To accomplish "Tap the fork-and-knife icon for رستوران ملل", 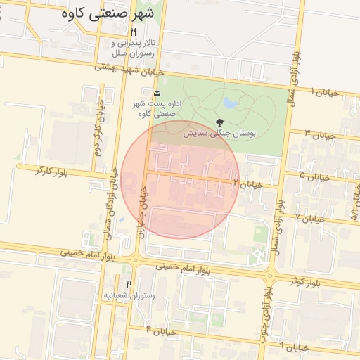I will tap(133, 33).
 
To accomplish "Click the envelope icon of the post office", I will tap(155, 93).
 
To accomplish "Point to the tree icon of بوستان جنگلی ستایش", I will tap(219, 122).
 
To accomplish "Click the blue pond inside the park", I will tap(231, 105).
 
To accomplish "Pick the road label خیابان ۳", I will tap(319, 133).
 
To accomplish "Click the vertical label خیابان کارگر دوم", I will tap(98, 129).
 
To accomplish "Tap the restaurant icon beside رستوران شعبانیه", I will tap(128, 283).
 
